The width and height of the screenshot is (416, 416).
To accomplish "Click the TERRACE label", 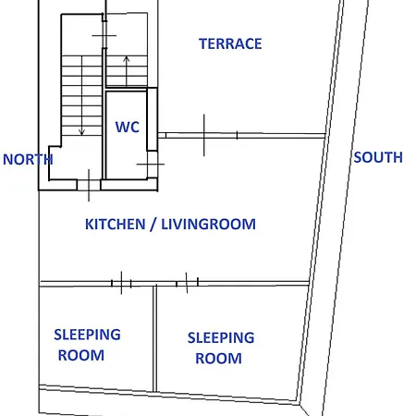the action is (230, 43).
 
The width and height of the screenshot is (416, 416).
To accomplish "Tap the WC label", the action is (128, 127).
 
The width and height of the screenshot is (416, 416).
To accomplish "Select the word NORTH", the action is (28, 160).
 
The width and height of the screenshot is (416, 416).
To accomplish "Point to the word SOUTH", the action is (378, 157).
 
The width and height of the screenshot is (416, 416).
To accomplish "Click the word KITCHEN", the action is (116, 225).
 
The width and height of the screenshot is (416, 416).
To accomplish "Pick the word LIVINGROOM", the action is (209, 225).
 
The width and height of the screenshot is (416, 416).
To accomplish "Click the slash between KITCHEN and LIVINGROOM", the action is (153, 225).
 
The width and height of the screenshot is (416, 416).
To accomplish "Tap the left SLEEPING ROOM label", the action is (87, 345).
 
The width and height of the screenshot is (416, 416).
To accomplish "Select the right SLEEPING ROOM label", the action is (221, 349).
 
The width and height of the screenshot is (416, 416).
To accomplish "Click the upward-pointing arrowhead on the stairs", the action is (127, 59).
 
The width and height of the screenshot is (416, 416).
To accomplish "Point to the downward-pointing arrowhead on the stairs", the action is (81, 132).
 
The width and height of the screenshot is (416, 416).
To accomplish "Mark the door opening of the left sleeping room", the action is (121, 283).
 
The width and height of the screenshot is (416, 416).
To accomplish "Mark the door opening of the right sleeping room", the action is (187, 283).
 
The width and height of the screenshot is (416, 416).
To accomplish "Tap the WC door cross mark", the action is (151, 165).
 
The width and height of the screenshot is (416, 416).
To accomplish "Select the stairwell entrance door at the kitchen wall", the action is (89, 185).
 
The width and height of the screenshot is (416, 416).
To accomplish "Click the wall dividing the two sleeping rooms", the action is (155, 339).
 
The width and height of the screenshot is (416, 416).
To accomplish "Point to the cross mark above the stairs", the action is (104, 36).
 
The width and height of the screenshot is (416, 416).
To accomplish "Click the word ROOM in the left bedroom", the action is (81, 355).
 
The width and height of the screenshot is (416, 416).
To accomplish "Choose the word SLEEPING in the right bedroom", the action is (221, 338).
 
